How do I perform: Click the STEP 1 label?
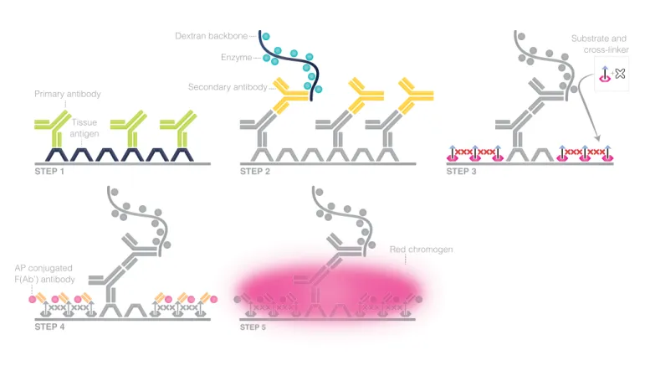(x=49, y=172)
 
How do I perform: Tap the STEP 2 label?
(x=255, y=172)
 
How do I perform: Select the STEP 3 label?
(x=461, y=172)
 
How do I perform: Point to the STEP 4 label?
(x=49, y=327)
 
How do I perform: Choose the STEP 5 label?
(x=253, y=327)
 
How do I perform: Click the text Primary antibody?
(x=68, y=94)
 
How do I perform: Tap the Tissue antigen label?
(x=84, y=127)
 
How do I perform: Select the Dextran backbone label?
(x=212, y=36)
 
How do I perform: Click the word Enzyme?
(x=236, y=57)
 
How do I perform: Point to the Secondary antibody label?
(x=228, y=87)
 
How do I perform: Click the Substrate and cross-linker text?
(x=600, y=44)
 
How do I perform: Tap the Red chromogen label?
(x=421, y=250)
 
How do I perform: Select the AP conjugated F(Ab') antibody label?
(x=44, y=274)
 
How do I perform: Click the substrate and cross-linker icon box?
(x=612, y=74)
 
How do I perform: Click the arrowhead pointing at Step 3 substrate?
(x=597, y=138)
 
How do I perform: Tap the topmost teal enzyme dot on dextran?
(x=266, y=36)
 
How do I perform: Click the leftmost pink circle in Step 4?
(x=32, y=300)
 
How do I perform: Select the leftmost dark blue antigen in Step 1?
(x=56, y=155)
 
